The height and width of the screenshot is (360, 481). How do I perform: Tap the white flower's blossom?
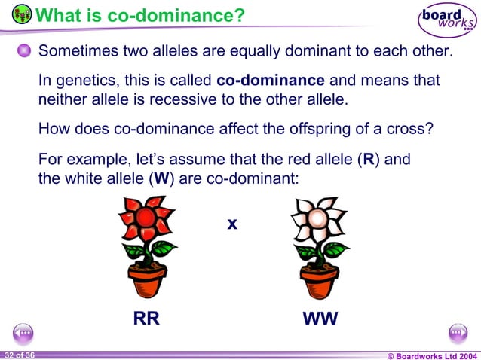pyautogui.click(x=317, y=219)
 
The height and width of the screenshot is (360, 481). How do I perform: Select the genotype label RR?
pyautogui.click(x=146, y=319)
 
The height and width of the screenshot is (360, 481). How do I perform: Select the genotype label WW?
pyautogui.click(x=320, y=319)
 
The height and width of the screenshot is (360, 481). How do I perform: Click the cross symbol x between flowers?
pyautogui.click(x=232, y=224)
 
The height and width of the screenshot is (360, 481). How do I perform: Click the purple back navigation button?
pyautogui.click(x=23, y=332)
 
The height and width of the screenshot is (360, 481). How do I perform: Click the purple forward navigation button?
pyautogui.click(x=458, y=332)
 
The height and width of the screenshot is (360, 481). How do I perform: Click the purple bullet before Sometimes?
pyautogui.click(x=25, y=51)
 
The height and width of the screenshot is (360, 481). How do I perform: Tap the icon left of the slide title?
pyautogui.click(x=23, y=14)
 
